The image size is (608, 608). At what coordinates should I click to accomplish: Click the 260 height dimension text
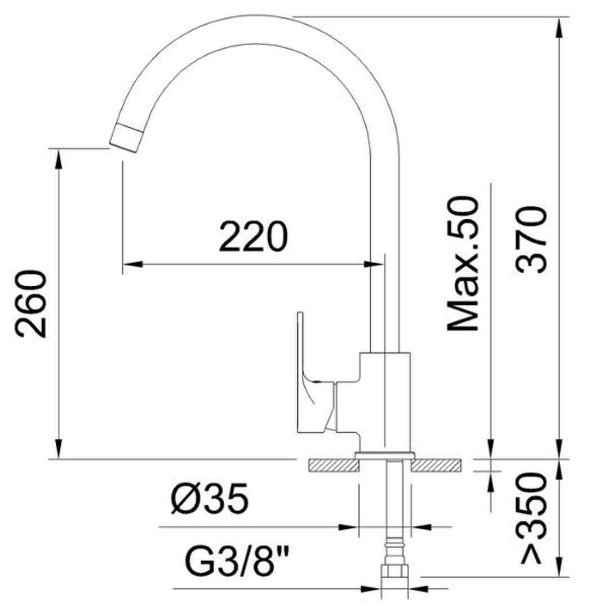31,304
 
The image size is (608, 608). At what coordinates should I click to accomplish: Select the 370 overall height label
532,240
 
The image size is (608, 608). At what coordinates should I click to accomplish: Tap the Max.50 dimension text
463,264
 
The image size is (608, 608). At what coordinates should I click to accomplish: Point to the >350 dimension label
532,518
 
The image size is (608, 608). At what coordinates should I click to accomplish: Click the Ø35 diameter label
210,499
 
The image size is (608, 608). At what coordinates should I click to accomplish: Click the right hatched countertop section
436,465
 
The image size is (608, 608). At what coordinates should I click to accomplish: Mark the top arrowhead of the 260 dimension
58,158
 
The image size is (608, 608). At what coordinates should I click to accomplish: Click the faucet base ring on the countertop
385,455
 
